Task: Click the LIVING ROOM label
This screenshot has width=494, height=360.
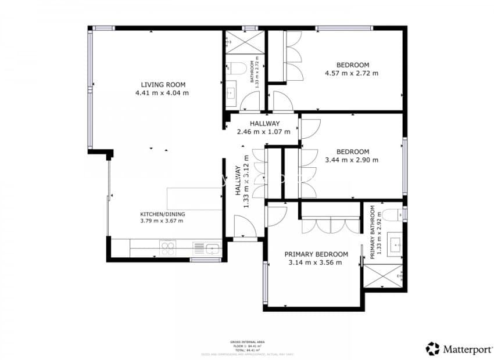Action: click(x=162, y=84)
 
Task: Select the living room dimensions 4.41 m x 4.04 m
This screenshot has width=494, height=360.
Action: click(x=162, y=93)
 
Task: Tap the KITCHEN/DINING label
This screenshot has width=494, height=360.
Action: click(x=162, y=213)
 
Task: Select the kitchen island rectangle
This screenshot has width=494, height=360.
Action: click(x=195, y=199)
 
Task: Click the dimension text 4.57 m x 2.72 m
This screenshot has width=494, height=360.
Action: click(x=352, y=73)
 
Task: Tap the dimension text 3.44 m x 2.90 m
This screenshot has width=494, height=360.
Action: click(x=352, y=160)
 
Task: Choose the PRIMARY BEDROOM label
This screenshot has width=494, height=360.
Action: click(x=316, y=254)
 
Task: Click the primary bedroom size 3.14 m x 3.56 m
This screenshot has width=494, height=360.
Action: click(x=316, y=262)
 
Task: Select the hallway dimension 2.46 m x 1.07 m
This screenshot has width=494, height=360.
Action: click(x=264, y=132)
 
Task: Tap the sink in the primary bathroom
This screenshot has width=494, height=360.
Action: click(x=396, y=244)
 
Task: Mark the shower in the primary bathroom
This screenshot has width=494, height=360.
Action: click(x=384, y=276)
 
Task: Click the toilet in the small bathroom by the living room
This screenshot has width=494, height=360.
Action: click(x=233, y=69)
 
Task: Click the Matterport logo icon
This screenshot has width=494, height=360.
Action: click(x=432, y=348)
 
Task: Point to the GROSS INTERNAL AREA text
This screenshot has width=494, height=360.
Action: click(x=247, y=342)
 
